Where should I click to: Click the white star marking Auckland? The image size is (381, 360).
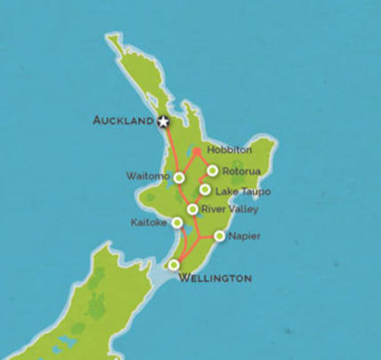coord(163,121)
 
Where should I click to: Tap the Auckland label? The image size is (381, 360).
coord(124,120)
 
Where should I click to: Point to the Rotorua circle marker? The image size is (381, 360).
coord(213,170)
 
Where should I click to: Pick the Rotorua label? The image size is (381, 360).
coord(241,171)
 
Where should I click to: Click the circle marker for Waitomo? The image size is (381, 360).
coord(179,177)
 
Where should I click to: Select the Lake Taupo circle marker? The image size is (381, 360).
coord(206,189)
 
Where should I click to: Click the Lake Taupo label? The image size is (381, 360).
coord(243,192)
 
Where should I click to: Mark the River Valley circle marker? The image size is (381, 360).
coord(192,209)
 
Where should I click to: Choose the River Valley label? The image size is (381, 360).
coord(230,209)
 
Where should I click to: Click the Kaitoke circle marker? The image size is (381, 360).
coord(177,222)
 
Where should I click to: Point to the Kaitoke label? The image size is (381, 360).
coord(148,222)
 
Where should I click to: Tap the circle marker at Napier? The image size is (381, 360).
coord(219,236)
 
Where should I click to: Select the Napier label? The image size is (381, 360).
coord(244,237)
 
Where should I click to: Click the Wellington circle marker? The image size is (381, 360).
coord(174,265)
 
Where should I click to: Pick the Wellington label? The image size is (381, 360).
coord(215,279)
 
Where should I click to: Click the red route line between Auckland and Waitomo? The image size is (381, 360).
coord(172,150)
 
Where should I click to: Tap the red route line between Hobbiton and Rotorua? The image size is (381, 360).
coord(205,160)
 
